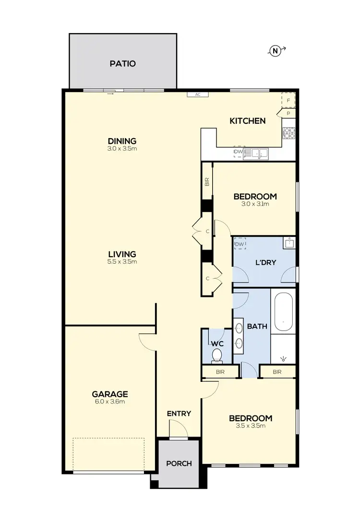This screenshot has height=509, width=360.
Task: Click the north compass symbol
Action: [x=276, y=50]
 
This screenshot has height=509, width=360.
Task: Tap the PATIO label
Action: [x=122, y=63]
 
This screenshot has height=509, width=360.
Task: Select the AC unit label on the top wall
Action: [x=197, y=95]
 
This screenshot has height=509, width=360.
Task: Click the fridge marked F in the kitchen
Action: [x=288, y=100]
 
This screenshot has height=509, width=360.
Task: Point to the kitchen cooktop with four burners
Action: [x=289, y=133]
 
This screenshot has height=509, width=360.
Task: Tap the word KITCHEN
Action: [x=247, y=121]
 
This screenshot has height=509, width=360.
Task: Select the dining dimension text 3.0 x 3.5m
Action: [x=122, y=149]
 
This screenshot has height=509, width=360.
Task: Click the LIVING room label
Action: [x=122, y=254]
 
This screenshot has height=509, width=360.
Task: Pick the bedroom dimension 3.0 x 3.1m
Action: [x=255, y=204]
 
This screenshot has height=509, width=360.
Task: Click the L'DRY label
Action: [x=264, y=263]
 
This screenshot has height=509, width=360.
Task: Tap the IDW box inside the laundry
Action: [x=240, y=244]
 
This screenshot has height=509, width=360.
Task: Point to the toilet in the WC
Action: [x=217, y=355]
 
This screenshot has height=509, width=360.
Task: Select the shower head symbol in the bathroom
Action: [x=285, y=358]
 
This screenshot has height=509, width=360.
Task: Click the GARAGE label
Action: [x=109, y=394]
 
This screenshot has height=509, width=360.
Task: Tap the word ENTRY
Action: [x=179, y=414]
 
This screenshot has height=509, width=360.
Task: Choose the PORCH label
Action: [x=179, y=463]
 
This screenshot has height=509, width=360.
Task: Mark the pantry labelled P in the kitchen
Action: [x=288, y=114]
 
